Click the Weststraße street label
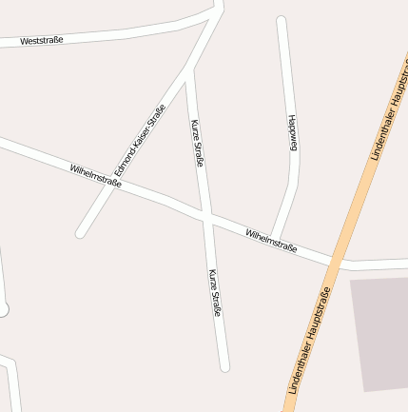42,41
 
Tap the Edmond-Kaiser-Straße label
140,139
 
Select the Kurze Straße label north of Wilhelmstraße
198,143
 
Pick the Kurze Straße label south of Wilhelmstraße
215,293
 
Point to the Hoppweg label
292,132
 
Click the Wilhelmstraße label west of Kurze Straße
95,176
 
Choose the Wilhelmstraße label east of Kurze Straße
271,241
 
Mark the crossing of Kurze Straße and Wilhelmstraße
204,217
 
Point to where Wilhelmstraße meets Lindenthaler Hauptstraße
337,260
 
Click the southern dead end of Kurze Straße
224,366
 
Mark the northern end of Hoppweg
281,20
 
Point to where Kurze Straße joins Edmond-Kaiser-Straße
188,69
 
